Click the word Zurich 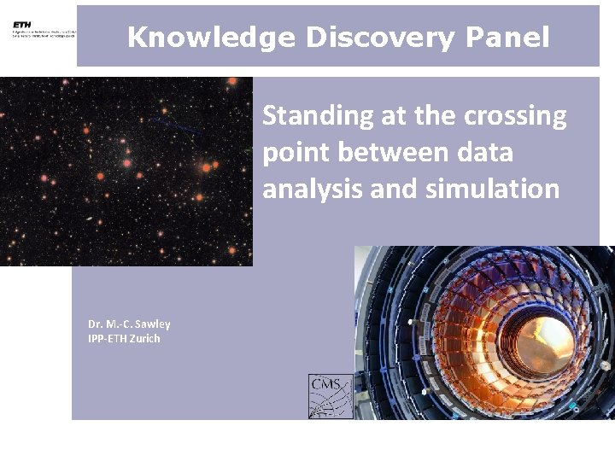point(144,339)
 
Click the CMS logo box point(330,396)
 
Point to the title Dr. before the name point(95,324)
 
